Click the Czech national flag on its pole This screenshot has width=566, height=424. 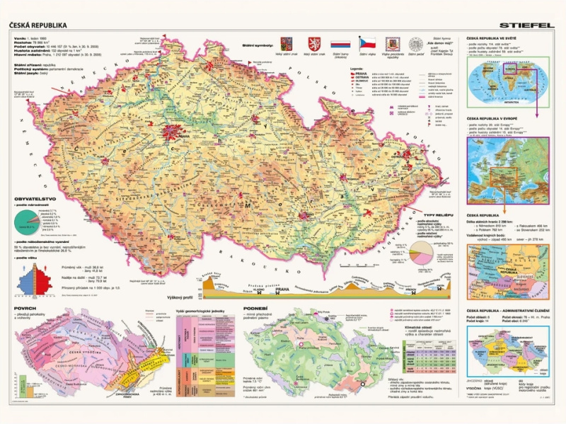tap(368, 42)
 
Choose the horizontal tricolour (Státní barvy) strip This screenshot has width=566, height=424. tap(341, 43)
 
